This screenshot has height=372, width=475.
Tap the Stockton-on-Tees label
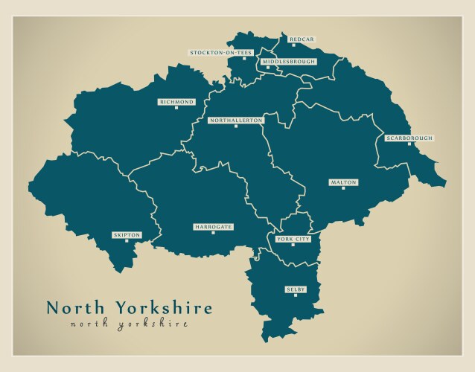coord(221,53)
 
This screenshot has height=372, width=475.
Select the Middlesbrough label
coord(288,62)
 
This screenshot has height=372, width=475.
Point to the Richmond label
coord(176,102)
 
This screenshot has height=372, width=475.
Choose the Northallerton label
coord(235,120)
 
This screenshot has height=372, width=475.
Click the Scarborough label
coord(409,138)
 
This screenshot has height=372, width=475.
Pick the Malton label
coord(343,182)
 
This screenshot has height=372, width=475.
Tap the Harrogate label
coord(214,226)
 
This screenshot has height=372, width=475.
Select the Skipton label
coord(126,234)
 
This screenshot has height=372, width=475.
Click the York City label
coord(293,239)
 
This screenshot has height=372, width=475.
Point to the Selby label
coord(296,289)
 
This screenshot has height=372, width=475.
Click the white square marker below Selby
coord(296,295)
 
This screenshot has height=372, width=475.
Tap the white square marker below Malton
coord(343,188)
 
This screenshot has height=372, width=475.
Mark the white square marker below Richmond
coord(176,109)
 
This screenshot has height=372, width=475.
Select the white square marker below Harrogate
coord(214,233)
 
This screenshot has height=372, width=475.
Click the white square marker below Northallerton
coord(235,126)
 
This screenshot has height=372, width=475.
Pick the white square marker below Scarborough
coord(409,145)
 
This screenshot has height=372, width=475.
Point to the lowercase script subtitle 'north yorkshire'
coord(129,324)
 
